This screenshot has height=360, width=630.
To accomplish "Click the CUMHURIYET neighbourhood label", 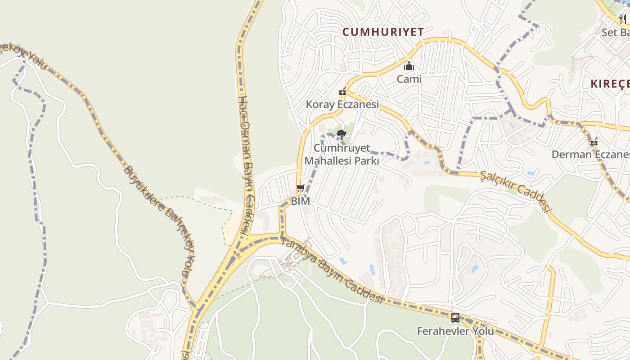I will [383, 32].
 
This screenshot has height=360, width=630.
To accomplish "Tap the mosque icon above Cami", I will [409, 66].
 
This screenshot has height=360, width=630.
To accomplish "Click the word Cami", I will [409, 79].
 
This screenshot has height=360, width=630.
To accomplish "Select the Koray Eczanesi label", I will [342, 104].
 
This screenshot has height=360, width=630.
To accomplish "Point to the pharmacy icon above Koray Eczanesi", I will [342, 92].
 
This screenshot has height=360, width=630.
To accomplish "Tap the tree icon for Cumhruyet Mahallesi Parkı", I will [342, 134].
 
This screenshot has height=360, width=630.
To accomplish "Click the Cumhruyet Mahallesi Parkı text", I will [342, 154].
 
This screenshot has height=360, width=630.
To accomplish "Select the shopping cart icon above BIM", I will [300, 188].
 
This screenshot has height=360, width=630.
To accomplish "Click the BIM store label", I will [300, 201].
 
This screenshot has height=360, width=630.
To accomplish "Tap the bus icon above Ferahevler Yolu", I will [455, 318].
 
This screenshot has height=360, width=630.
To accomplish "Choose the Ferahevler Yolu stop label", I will [455, 331].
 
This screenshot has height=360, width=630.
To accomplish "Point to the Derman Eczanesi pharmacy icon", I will [594, 142].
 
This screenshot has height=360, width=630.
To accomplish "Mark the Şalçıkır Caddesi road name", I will [516, 191].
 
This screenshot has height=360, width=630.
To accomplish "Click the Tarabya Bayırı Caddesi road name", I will [332, 270].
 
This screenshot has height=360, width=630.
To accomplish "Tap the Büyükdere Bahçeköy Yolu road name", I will [160, 220].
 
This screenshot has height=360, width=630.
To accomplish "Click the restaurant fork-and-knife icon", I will [623, 19].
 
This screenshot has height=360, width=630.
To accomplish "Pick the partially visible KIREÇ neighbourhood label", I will [610, 84].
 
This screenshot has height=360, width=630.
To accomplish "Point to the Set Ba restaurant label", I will [616, 32].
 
